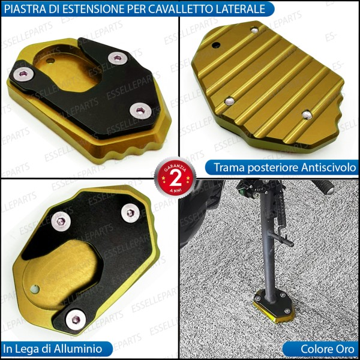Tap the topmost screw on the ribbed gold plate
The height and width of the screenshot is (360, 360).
(255, 29)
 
